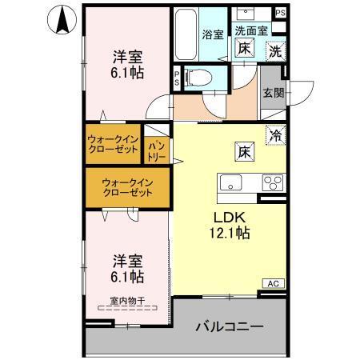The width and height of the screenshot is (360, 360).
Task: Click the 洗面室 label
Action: click(250, 30)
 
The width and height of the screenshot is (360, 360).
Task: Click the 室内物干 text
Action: click(127, 301)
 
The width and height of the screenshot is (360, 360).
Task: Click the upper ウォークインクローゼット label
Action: click(114, 144)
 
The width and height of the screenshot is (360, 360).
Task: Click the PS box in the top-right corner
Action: click(279, 13)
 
